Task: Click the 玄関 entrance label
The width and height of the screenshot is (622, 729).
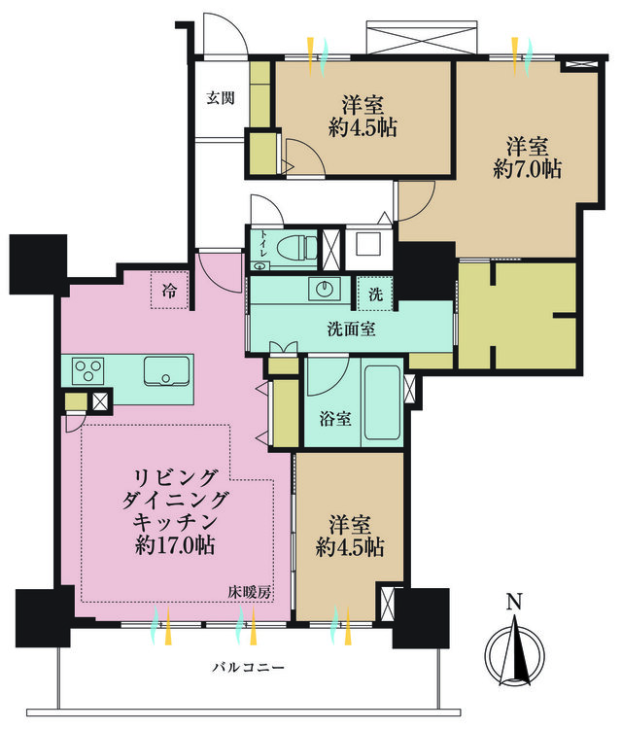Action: pyautogui.click(x=219, y=97)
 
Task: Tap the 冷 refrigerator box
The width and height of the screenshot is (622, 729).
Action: pyautogui.click(x=170, y=289)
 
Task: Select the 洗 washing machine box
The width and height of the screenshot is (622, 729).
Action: pyautogui.click(x=374, y=293)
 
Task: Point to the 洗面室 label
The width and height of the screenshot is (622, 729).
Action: pyautogui.click(x=351, y=329)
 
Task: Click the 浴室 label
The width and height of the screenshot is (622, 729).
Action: pyautogui.click(x=335, y=421)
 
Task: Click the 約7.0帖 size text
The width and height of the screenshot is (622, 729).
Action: pyautogui.click(x=527, y=169)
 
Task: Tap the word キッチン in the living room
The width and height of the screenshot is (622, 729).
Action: pyautogui.click(x=176, y=522)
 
